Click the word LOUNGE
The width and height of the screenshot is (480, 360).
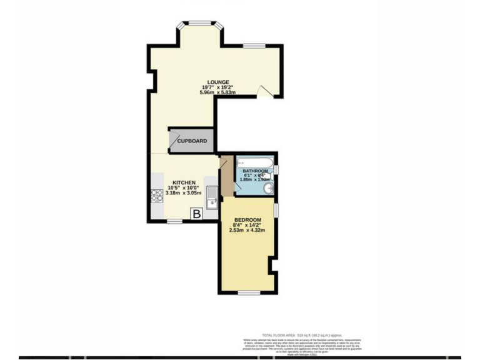214,81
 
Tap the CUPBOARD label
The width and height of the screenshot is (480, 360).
192,141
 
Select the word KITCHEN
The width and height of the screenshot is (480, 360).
184,182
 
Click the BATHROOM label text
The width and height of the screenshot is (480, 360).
255,171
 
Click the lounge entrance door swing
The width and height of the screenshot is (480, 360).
266,92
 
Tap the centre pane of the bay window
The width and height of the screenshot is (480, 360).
199,24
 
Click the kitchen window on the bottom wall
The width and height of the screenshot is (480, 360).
174,221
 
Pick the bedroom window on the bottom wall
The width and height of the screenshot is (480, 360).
247,292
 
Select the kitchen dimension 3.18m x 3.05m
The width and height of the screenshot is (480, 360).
184,193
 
